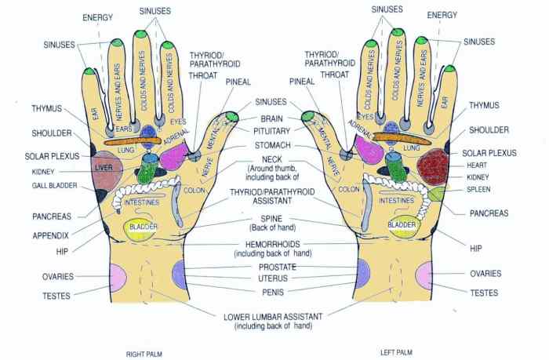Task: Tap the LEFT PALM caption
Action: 396,353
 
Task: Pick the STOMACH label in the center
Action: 271,146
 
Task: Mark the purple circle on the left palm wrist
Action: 362,272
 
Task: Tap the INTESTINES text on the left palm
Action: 397,202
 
